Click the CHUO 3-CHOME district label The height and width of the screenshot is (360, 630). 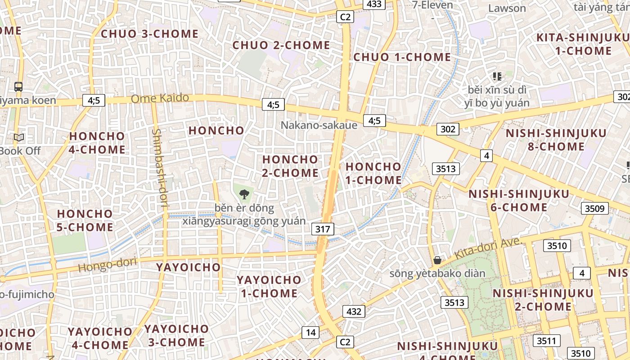(x=149, y=34)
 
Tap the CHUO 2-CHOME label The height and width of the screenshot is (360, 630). (x=281, y=45)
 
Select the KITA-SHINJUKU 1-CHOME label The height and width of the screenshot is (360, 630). (x=583, y=44)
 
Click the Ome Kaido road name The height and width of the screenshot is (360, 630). (x=160, y=98)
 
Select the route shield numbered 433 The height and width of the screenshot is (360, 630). (x=374, y=4)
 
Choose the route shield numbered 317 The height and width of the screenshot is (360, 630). (x=323, y=229)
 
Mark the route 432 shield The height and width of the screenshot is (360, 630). (x=354, y=311)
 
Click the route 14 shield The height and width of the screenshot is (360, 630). (x=310, y=333)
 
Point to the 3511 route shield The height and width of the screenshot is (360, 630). (x=546, y=341)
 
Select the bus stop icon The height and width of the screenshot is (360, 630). (x=18, y=86)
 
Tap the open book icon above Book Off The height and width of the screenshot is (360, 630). (x=19, y=138)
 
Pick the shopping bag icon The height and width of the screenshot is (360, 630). (x=437, y=260)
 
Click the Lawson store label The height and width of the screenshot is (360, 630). (x=507, y=8)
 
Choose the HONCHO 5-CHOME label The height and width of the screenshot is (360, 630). (x=85, y=220)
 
